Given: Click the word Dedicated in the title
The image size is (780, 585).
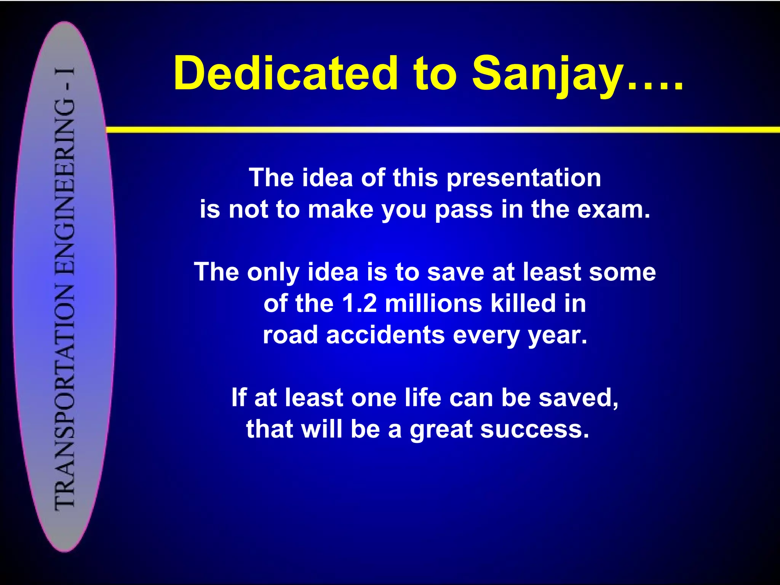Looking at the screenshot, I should pos(286,73).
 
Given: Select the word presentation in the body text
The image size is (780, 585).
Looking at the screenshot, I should pos(524,178).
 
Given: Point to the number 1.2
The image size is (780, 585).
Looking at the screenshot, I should pos(360,304).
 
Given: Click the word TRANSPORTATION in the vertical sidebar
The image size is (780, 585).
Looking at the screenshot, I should pos(65,396).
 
